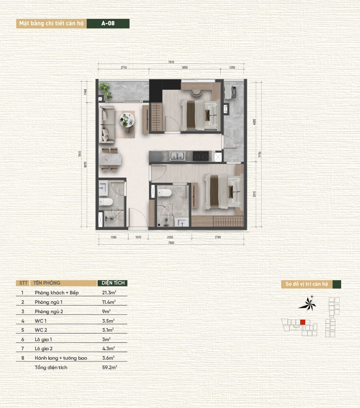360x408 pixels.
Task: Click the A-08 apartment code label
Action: (108, 24)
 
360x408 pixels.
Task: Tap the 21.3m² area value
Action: (109, 293)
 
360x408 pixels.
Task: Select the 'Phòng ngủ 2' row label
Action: (49, 311)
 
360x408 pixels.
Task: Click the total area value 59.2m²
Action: (110, 367)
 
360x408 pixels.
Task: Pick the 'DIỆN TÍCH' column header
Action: (113, 283)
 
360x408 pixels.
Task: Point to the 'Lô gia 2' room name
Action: (44, 349)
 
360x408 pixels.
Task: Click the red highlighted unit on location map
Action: (303, 322)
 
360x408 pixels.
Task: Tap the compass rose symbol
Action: (307, 304)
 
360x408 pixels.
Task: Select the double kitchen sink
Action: (177, 156)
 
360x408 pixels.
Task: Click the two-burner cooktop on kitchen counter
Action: (201, 156)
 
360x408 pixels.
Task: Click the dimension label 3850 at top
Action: (185, 68)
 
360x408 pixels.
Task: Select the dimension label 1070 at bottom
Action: (138, 237)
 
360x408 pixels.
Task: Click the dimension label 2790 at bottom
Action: (218, 237)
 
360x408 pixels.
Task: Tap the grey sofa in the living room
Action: (107, 125)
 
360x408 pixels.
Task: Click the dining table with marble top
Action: (110, 159)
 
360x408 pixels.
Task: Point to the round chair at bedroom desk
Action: (197, 92)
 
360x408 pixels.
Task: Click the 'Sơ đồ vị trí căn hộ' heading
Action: (307, 284)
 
